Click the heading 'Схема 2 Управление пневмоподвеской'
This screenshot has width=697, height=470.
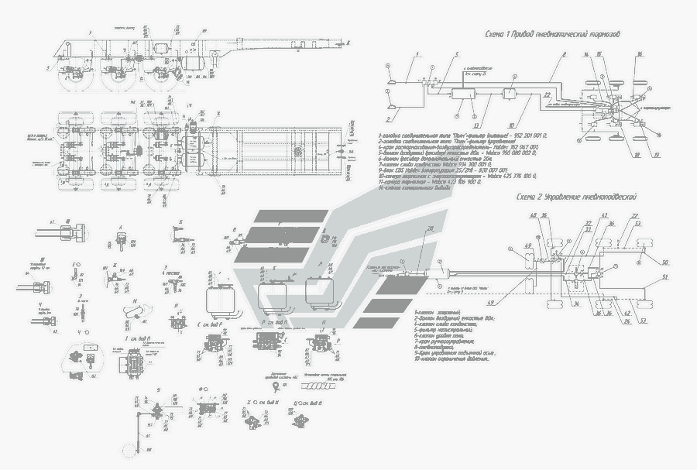[x=577, y=198]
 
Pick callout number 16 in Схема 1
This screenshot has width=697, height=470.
[x=640, y=54]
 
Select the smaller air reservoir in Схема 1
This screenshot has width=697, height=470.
[x=512, y=95]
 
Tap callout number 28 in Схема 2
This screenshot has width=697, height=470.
[x=430, y=227]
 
